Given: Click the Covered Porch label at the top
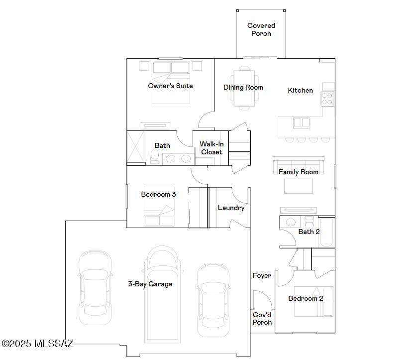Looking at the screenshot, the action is pos(261,29).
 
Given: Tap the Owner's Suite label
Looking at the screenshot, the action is pos(170,86).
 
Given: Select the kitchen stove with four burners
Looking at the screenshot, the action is pos(327,99).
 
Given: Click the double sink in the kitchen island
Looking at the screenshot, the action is pos(302,123).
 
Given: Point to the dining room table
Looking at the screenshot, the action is pos(244,88).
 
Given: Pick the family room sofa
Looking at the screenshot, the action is pos(299,165).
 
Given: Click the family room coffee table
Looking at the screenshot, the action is pos(299,186).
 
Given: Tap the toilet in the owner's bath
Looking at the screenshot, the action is pos(155,156).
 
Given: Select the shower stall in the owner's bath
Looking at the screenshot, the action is pos(136,147).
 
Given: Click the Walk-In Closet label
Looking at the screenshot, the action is pos(211,148).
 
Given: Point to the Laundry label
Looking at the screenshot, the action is pos(231,208).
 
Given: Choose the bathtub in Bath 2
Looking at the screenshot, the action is pos(326,232).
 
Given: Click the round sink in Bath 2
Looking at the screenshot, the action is pos(291,222).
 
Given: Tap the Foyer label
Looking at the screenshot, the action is pos(262,275).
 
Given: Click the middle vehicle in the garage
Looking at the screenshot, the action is pos(162,294).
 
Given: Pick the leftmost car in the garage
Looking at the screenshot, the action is pos(95,288).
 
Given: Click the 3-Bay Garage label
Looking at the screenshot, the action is pos(150,284).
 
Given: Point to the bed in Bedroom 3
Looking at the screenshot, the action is pos(159,207).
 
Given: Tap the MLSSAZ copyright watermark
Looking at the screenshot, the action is pos(37,344).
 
